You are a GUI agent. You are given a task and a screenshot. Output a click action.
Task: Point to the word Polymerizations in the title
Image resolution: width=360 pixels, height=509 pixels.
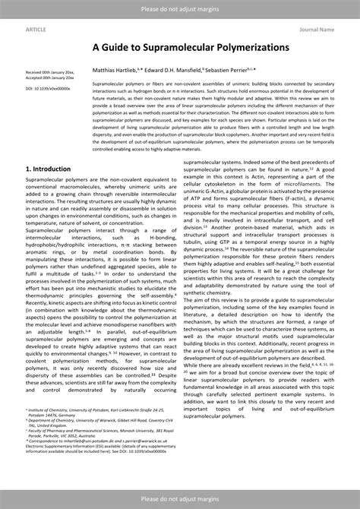pyautogui.click(x=244, y=47)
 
